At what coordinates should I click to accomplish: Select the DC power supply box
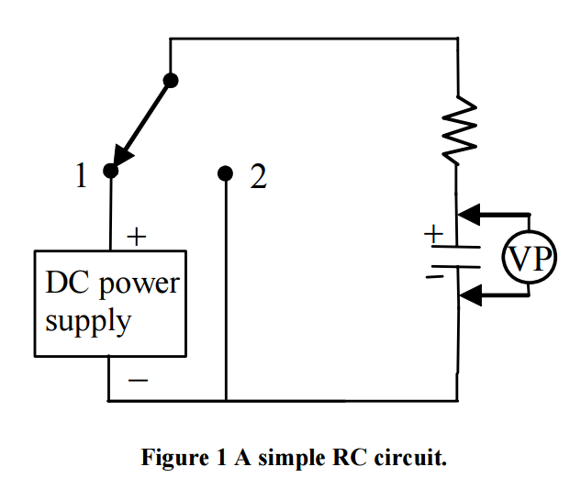(x=110, y=303)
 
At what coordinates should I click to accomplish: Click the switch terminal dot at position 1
(x=110, y=172)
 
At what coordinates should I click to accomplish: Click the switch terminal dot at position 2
(x=225, y=172)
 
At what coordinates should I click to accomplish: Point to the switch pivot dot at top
(x=170, y=80)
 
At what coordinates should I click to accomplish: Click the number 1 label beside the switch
(x=82, y=176)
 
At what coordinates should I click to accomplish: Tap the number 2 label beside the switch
(x=258, y=177)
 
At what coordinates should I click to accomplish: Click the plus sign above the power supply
(x=136, y=238)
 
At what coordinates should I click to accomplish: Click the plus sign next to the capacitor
(x=431, y=234)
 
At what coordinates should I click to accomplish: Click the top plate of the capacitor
(x=456, y=246)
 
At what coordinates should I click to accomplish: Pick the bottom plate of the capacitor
(x=456, y=265)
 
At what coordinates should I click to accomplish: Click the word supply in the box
(x=88, y=323)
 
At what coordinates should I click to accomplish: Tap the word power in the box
(x=138, y=284)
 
